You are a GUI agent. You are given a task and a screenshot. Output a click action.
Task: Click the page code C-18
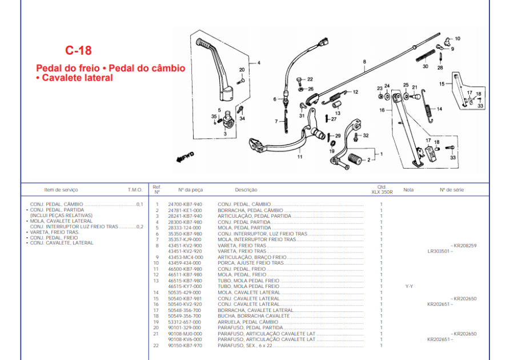tap(78, 50)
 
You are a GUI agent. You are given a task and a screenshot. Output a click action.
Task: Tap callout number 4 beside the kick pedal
tap(258, 62)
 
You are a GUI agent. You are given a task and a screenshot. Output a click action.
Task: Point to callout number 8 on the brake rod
tap(363, 61)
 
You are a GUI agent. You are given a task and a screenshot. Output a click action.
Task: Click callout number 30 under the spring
tap(425, 67)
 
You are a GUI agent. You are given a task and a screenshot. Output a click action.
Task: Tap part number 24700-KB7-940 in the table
tap(184, 204)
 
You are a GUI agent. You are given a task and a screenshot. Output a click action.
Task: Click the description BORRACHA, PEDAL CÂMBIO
tap(250, 210)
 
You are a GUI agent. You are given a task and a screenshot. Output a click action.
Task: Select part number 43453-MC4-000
tap(185, 257)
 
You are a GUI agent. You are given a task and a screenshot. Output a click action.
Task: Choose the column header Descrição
tap(246, 190)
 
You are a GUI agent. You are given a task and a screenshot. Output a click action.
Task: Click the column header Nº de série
tap(450, 190)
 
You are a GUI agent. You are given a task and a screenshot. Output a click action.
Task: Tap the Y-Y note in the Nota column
tap(409, 286)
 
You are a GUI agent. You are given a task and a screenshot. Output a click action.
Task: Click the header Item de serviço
tap(61, 190)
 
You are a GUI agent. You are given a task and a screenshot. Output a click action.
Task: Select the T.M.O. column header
tap(135, 190)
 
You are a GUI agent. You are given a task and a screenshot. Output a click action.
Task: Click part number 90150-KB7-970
tap(184, 345)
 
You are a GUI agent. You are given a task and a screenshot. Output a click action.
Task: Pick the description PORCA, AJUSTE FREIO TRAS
tap(250, 263)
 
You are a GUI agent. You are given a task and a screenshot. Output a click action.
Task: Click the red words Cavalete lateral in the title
tap(76, 78)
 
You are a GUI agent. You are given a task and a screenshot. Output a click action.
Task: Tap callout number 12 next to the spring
tap(355, 91)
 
